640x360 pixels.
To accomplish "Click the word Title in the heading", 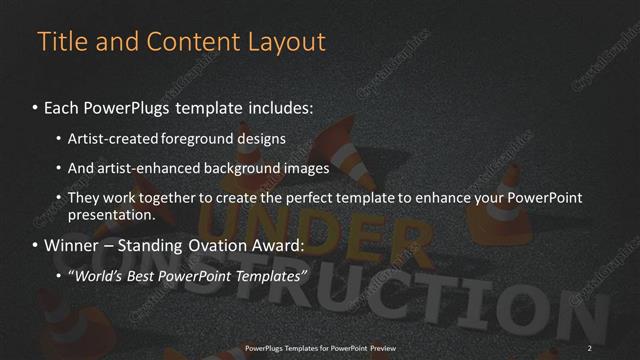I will click(60, 42).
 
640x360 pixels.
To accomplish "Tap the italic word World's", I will click(96, 275).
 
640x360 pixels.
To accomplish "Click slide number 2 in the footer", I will click(590, 347).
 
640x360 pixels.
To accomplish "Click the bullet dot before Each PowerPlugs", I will click(36, 106).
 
